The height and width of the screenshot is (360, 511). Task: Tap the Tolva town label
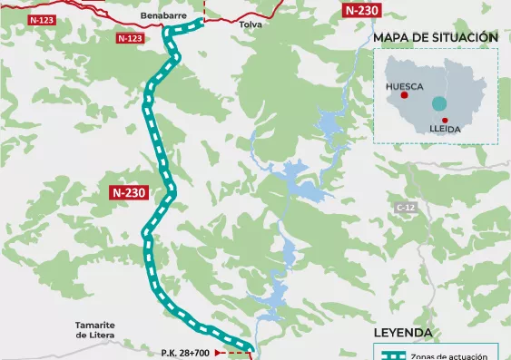pos(250,25)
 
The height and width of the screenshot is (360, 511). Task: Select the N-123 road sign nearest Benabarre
pos(130,38)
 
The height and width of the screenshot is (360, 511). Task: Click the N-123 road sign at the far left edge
pos(41,19)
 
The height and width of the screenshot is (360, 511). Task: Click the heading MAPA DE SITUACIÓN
pos(436,37)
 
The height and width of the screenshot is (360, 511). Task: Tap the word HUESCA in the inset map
pos(405,88)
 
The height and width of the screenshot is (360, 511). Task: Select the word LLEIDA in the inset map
pos(445,130)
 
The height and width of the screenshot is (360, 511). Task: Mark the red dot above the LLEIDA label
pos(445,121)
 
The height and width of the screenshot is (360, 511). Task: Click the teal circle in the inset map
pos(439,103)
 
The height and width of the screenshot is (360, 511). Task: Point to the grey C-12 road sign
pos(405,208)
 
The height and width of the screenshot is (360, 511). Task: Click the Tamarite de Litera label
pos(93,330)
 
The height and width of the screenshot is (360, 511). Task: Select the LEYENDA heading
pos(403,333)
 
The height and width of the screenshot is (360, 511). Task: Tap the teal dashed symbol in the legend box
pos(392,356)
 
